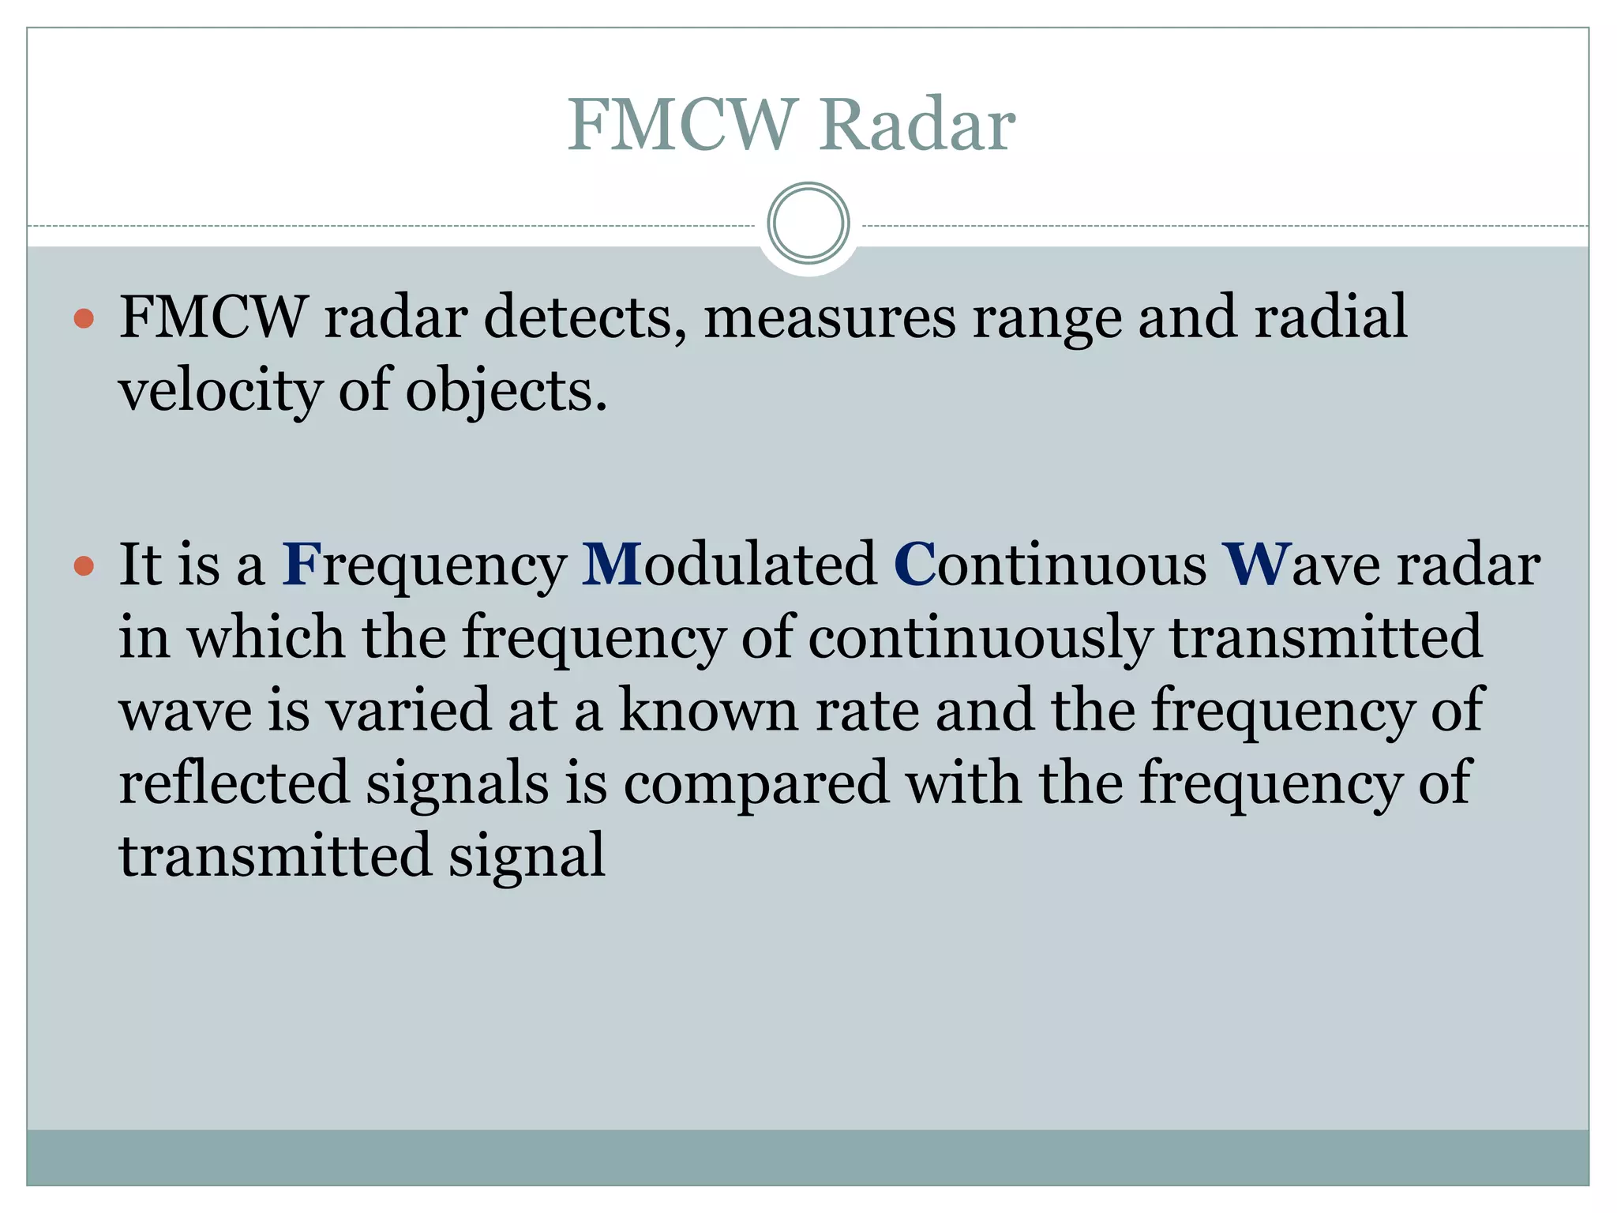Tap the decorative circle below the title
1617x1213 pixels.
pyautogui.click(x=808, y=223)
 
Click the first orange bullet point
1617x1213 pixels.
pyautogui.click(x=84, y=319)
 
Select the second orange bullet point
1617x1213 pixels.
pyautogui.click(x=84, y=566)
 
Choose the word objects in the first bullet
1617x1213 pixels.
pyautogui.click(x=506, y=391)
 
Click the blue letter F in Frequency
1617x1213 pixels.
pyautogui.click(x=302, y=565)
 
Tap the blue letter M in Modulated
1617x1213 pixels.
pyautogui.click(x=612, y=565)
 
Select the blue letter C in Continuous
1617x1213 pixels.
pyautogui.click(x=914, y=565)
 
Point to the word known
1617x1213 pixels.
pyautogui.click(x=708, y=710)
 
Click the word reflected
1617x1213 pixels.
pyautogui.click(x=234, y=783)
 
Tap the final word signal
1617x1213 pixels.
pyautogui.click(x=527, y=856)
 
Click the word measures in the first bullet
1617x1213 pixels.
pyautogui.click(x=829, y=317)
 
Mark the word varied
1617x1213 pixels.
pyautogui.click(x=408, y=710)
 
